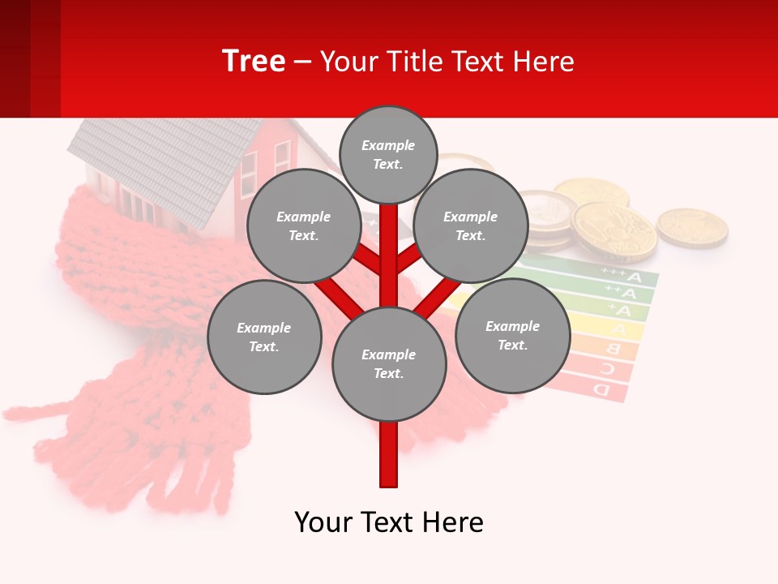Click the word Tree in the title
(x=254, y=61)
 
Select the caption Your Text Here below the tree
(x=389, y=522)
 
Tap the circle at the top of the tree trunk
(x=388, y=154)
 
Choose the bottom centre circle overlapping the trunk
(x=389, y=364)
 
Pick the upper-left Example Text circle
(x=304, y=226)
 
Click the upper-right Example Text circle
(x=471, y=226)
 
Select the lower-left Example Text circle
(x=264, y=337)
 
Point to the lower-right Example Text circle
(x=513, y=336)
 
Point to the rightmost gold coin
(x=691, y=226)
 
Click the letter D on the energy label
(x=601, y=390)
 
